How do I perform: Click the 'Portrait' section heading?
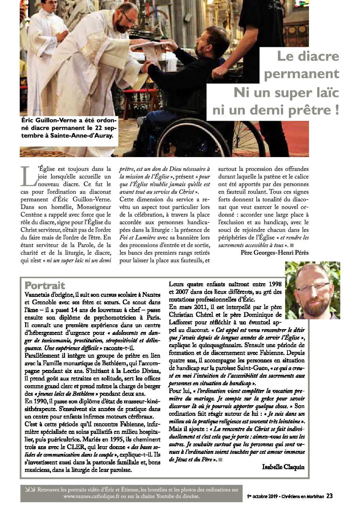click(x=45, y=285)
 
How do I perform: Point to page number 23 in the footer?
click(x=329, y=496)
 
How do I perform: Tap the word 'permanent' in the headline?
click(x=301, y=74)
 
